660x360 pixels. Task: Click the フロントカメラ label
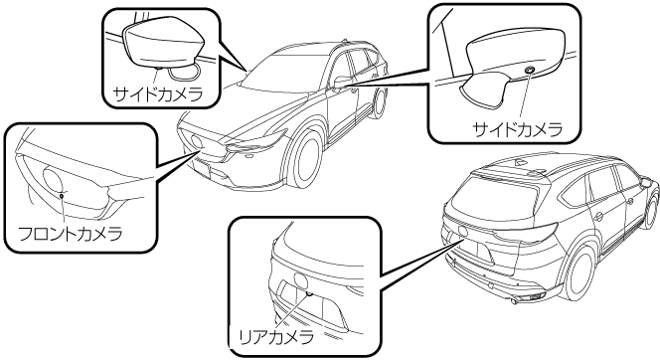(71, 234)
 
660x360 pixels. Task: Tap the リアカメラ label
(276, 336)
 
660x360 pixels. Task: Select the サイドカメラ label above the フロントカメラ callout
(158, 94)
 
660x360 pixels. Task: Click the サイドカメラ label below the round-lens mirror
(518, 129)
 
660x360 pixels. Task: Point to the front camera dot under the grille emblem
(62, 195)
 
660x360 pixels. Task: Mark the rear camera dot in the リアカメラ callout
(309, 293)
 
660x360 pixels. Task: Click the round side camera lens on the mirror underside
(529, 69)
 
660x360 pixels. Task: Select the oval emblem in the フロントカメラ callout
(54, 179)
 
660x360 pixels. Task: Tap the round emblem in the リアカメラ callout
(300, 280)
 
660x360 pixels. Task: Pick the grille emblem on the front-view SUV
(197, 141)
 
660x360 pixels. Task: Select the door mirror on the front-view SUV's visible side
(340, 81)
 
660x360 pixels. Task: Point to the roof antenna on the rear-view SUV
(518, 162)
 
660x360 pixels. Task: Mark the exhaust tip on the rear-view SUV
(514, 301)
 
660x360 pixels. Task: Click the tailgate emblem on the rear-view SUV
(464, 231)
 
